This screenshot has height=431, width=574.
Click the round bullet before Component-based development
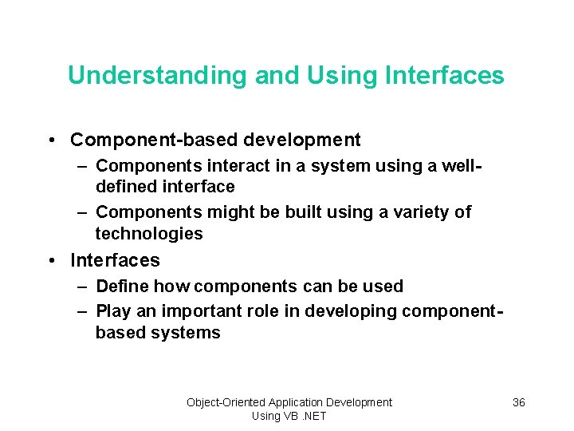tap(51, 140)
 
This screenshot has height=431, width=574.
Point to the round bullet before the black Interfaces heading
tap(51, 260)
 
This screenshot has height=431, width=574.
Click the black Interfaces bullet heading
tap(115, 260)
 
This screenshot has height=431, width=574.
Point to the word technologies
tap(149, 234)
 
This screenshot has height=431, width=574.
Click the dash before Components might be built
tap(82, 212)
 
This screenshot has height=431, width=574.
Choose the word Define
tap(122, 286)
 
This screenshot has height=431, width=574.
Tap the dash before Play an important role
tap(82, 311)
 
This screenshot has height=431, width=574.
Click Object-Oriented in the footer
tap(226, 402)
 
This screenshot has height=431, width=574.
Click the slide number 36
tap(518, 402)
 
